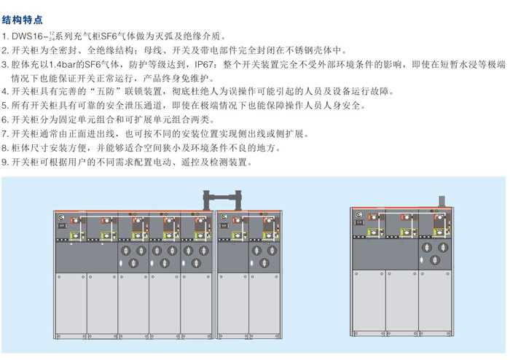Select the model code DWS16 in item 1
click(28, 36)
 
